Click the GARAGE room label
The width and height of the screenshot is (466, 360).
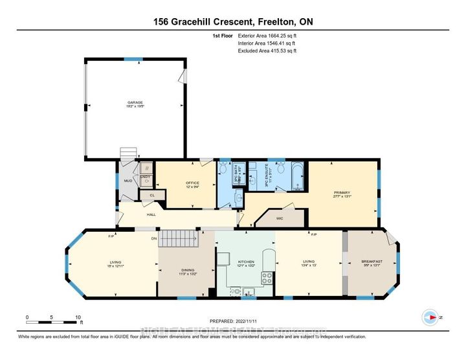[x=135, y=102]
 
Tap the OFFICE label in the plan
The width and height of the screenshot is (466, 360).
[x=193, y=183]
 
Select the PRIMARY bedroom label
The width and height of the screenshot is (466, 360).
[x=342, y=193]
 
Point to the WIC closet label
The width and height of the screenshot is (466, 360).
[x=280, y=219]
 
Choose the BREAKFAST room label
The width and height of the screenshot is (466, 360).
[x=372, y=262]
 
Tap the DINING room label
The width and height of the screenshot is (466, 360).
[x=186, y=271]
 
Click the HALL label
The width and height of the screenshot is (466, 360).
[x=151, y=214]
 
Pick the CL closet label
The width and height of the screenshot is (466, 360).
[x=152, y=194]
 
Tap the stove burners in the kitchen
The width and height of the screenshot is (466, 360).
[x=266, y=277]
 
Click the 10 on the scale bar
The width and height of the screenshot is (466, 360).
[x=78, y=318]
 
